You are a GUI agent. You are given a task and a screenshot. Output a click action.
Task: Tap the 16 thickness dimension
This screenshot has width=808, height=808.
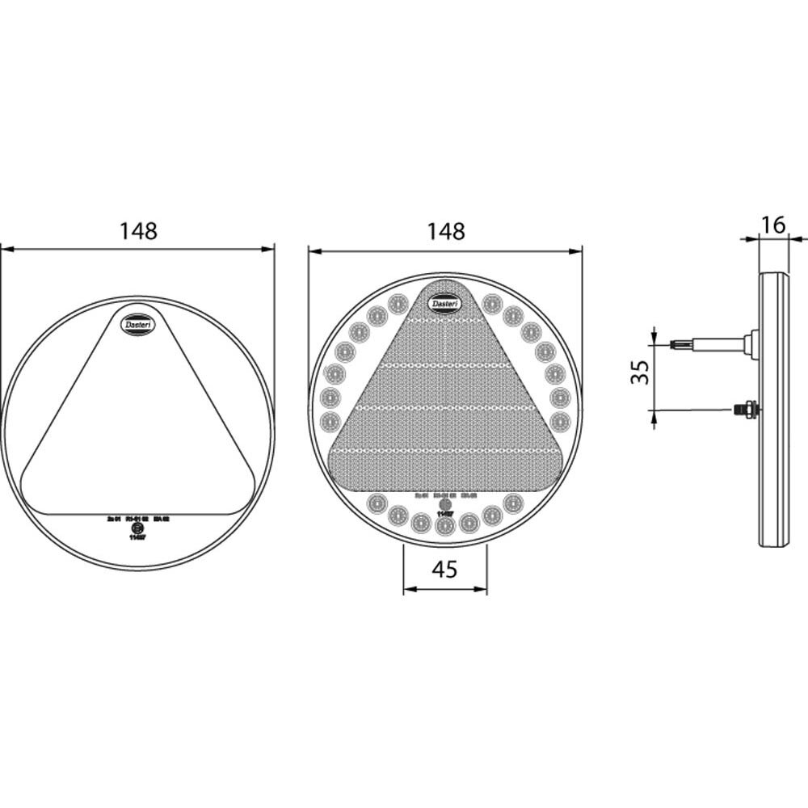tap(773, 225)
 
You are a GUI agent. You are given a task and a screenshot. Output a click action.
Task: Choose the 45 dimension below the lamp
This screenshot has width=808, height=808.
tap(444, 569)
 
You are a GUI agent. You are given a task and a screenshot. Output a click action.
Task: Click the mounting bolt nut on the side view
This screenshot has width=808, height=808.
tap(747, 410)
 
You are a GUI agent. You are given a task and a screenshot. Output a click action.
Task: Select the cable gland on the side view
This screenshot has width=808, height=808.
tap(751, 344)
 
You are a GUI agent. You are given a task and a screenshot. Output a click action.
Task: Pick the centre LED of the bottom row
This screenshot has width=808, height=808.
tap(444, 527)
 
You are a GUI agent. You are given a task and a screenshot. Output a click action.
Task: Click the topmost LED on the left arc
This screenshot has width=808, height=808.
tap(397, 304)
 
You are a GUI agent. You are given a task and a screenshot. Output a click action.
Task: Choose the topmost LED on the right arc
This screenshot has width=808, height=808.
tap(491, 304)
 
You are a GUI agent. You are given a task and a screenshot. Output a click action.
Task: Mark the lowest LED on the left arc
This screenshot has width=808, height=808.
tap(330, 420)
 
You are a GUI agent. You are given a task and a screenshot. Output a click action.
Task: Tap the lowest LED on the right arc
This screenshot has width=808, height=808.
tap(559, 420)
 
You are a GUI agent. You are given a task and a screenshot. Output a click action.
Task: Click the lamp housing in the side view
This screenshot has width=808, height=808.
tap(774, 412)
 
